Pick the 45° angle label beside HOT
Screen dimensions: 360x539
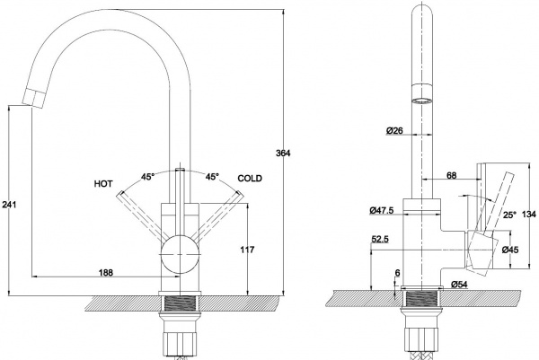pos(148,177)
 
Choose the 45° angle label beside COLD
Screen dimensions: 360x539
pos(213,177)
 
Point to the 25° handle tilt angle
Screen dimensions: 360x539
pos(508,215)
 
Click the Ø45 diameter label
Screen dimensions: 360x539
pos(508,250)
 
